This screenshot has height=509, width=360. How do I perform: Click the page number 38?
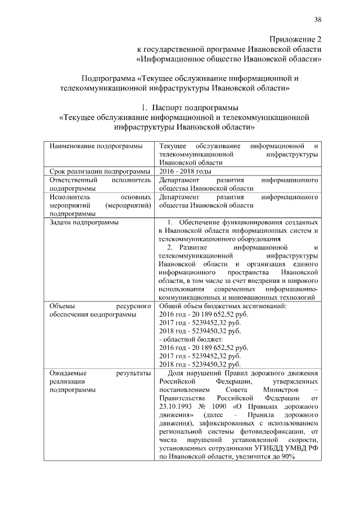[x=317, y=20]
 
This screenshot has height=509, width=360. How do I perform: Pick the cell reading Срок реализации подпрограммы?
[x=99, y=171]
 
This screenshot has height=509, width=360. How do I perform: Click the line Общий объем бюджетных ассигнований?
[x=223, y=306]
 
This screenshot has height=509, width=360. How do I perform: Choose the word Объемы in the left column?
[x=62, y=306]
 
